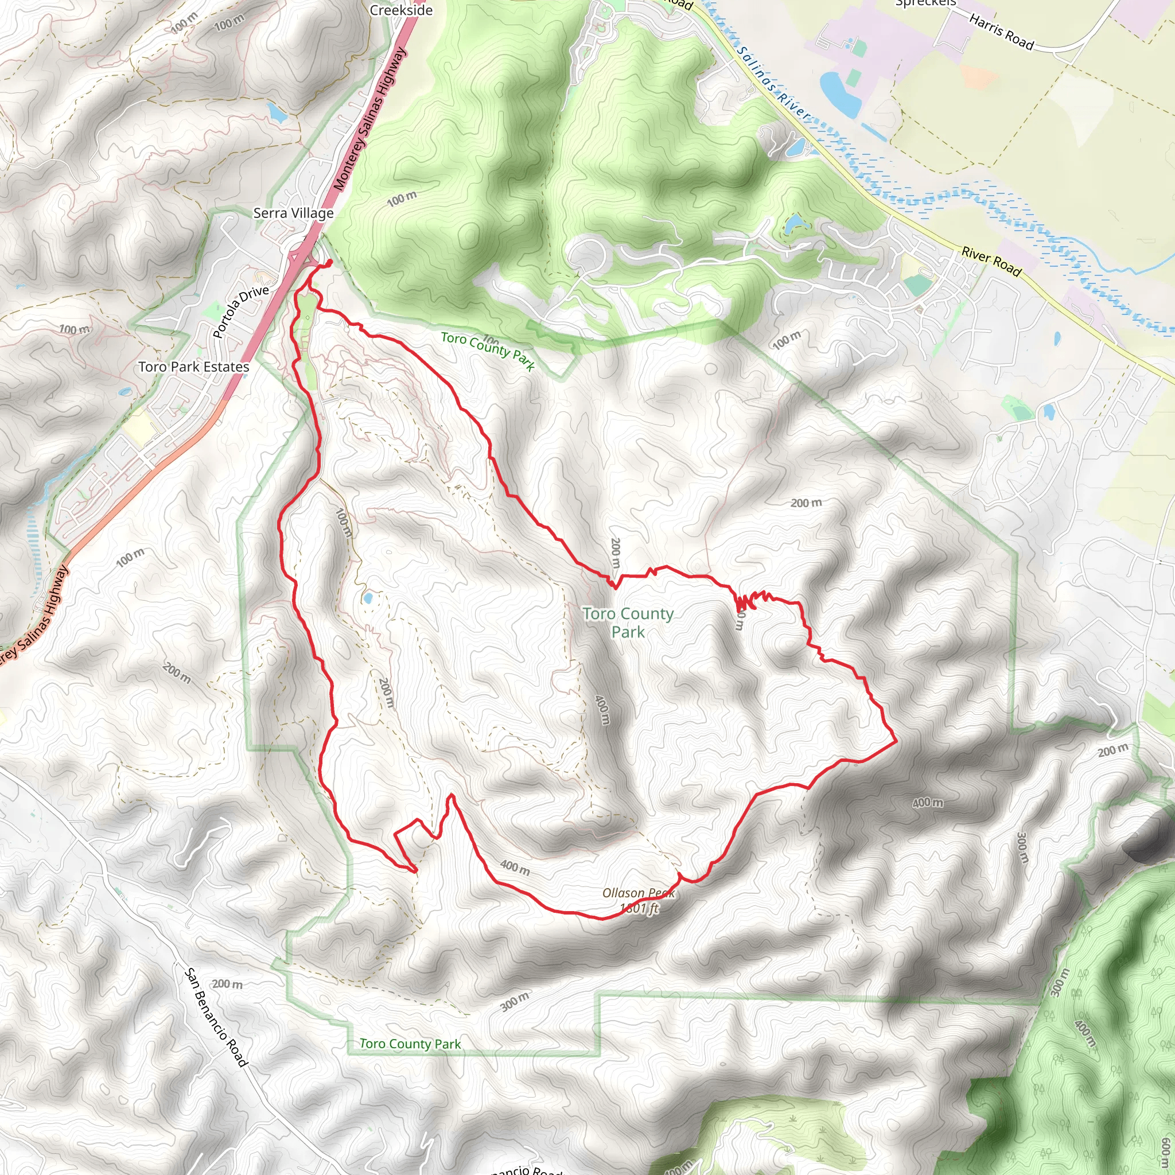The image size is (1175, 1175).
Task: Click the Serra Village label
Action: [293, 213]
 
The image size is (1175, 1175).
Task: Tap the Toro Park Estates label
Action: [193, 367]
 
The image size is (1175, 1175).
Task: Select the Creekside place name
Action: [401, 10]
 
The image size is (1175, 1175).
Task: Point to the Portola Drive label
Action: [241, 311]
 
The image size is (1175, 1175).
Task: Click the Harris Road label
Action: [1001, 32]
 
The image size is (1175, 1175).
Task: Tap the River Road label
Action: [991, 261]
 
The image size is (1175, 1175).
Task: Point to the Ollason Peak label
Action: [638, 893]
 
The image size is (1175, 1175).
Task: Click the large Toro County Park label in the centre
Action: [628, 622]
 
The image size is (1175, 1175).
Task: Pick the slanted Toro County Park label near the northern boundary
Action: [488, 351]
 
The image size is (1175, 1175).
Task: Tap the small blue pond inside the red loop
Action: [367, 598]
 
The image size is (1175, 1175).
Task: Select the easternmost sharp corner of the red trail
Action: [896, 741]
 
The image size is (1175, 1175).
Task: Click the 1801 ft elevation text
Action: [639, 909]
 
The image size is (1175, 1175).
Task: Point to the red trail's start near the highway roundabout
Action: [329, 262]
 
